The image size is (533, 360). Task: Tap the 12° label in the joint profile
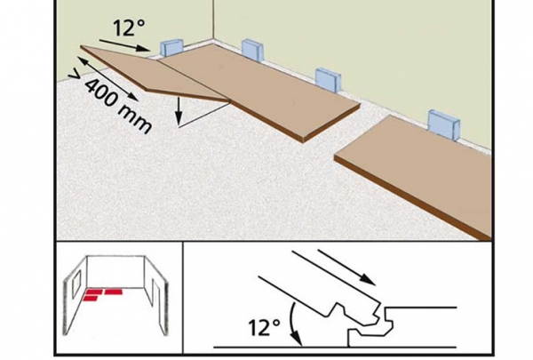tap(265, 328)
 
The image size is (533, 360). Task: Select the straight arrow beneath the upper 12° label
tap(125, 45)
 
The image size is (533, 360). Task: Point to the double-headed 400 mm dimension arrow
tap(108, 79)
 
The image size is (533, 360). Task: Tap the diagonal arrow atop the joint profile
tap(346, 267)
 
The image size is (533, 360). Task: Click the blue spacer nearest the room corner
tap(172, 48)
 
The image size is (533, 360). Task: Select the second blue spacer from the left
tap(252, 50)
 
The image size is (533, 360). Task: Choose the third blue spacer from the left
tap(328, 80)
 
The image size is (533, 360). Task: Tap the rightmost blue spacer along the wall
tap(443, 124)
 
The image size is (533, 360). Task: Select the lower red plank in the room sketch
tap(91, 299)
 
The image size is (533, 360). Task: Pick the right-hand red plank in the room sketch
tap(115, 292)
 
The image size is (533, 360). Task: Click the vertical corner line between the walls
tap(213, 21)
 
